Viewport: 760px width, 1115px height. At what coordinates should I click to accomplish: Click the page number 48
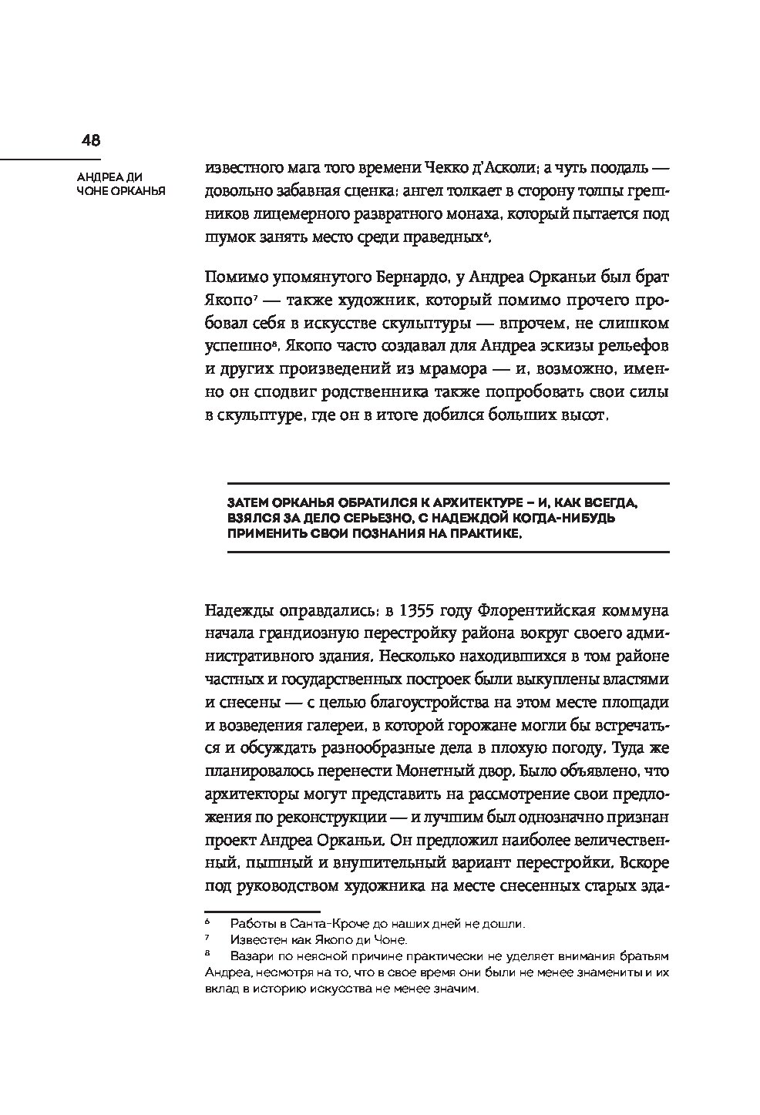[x=90, y=140]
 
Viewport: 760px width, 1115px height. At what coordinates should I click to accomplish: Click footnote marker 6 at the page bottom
[x=207, y=922]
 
